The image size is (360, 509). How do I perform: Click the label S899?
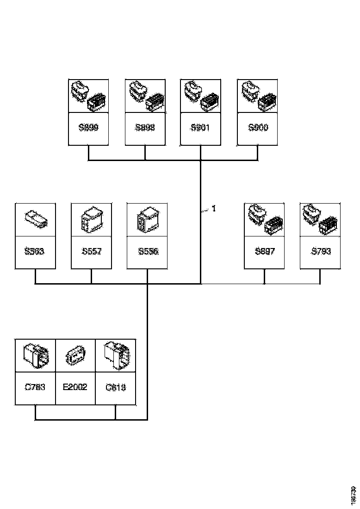tap(88, 128)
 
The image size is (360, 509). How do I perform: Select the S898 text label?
tap(145, 128)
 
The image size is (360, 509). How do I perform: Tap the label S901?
tap(200, 128)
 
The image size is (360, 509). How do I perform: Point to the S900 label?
tap(258, 128)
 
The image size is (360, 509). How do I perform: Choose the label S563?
tap(35, 252)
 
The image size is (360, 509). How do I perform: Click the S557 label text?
tap(91, 252)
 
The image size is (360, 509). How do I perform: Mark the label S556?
tap(148, 252)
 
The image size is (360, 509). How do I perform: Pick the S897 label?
tap(264, 252)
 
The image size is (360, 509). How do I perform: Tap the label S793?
tap(320, 252)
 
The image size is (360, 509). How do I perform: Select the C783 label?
tap(35, 387)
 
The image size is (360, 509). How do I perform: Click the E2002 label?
tap(75, 387)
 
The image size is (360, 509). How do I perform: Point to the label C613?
tap(116, 387)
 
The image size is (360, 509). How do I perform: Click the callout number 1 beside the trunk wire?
tap(214, 209)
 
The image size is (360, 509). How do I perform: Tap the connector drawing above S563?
tap(35, 219)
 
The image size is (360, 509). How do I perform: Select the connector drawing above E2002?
tap(75, 355)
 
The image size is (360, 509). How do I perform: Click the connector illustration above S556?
tap(148, 219)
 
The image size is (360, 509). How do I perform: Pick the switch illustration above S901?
tap(200, 96)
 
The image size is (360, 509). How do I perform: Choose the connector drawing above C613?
tap(116, 355)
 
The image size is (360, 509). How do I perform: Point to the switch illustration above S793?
tap(320, 219)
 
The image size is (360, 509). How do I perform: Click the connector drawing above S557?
tap(91, 219)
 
